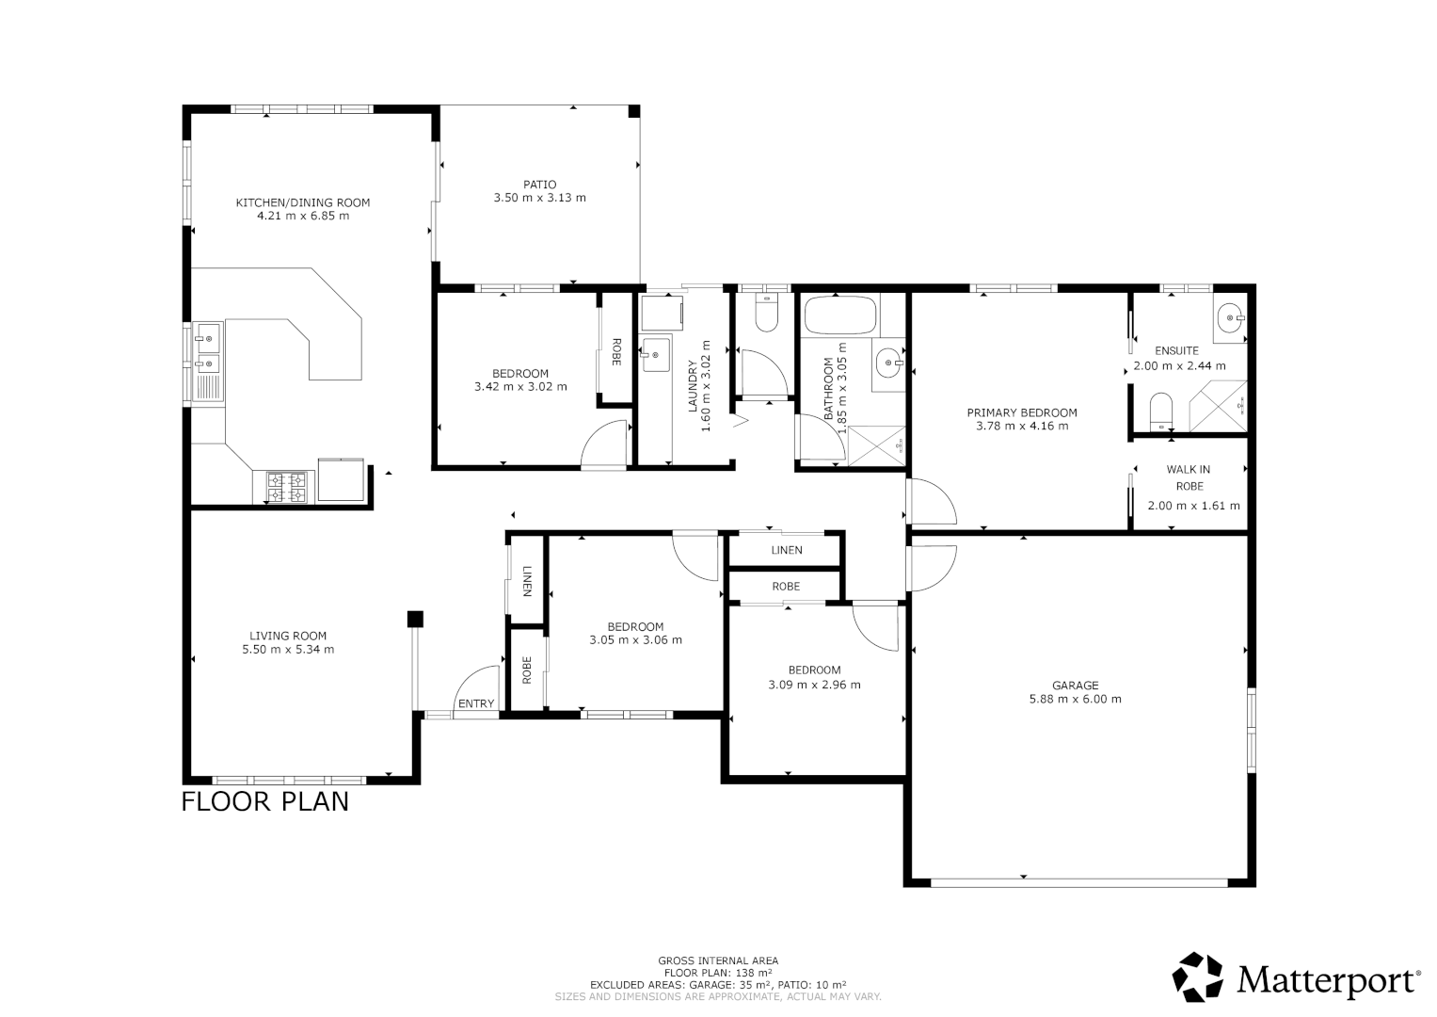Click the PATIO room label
(539, 185)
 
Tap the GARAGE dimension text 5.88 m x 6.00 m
(1075, 700)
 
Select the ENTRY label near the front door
(475, 703)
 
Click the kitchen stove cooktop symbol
(287, 486)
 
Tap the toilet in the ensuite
(1161, 411)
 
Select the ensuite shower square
(1217, 407)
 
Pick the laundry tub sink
(655, 355)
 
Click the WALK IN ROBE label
(1189, 477)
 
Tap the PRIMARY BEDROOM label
(1022, 412)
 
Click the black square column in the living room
(415, 619)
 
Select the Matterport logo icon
(1198, 977)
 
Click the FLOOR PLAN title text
(264, 802)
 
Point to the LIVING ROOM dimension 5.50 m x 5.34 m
(288, 649)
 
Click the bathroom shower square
(876, 445)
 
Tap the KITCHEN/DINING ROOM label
(302, 202)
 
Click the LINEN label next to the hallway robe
(787, 550)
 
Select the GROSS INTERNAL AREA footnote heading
(718, 961)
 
